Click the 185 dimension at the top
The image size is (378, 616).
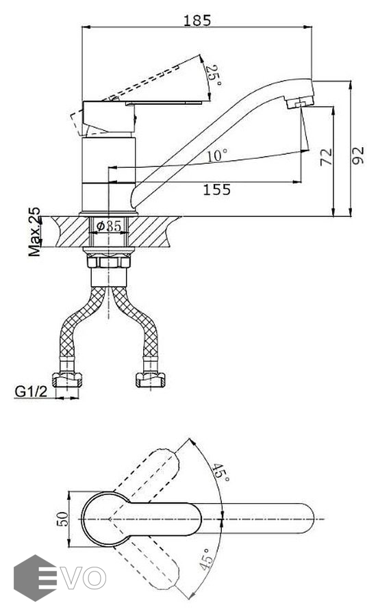[x=197, y=20]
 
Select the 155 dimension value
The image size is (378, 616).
[x=216, y=190]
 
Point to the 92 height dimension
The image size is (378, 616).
[x=357, y=155]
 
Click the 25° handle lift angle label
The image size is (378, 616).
[x=214, y=75]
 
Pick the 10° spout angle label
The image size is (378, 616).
[x=217, y=155]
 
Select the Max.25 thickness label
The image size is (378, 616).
[x=34, y=232]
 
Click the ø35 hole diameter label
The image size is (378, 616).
[x=109, y=226]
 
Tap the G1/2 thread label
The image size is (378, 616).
[x=31, y=392]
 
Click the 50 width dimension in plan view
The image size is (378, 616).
[x=62, y=519]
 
